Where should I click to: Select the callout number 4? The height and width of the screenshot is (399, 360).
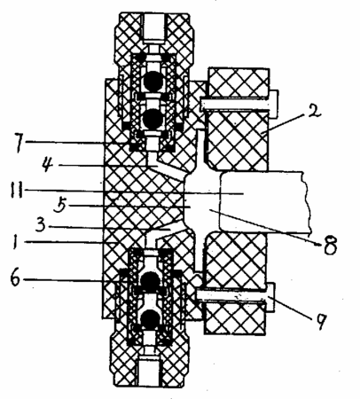47,165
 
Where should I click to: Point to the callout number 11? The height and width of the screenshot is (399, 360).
16,191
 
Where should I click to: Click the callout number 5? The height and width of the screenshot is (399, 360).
60,206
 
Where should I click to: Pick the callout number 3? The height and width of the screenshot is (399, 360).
40,226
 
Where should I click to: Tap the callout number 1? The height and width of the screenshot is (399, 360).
14,242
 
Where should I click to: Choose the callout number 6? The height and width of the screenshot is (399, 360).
17,278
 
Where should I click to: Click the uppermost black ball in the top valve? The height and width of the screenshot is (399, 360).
153,81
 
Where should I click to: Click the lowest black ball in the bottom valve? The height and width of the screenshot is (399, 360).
151,319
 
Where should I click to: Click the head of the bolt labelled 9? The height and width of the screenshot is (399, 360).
270,298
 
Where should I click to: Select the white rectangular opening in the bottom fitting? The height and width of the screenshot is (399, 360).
149,371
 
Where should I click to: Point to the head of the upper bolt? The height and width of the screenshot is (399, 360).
274,104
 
